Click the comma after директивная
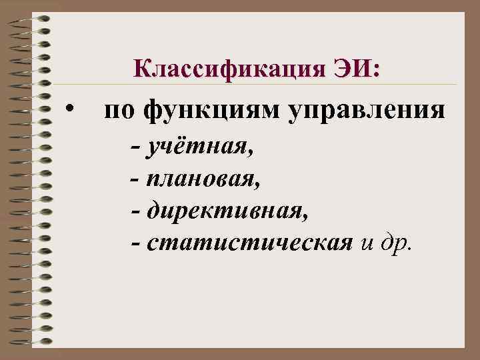pyautogui.click(x=306, y=217)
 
